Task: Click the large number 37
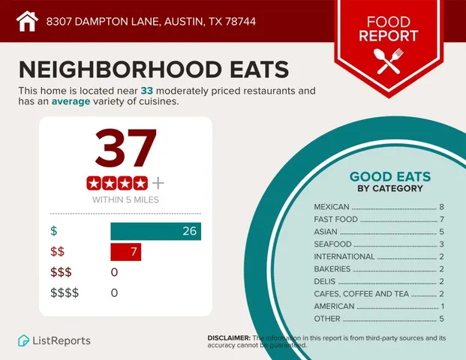click(x=125, y=149)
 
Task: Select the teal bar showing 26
click(x=155, y=232)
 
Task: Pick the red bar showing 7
click(x=125, y=252)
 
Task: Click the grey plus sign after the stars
click(x=158, y=182)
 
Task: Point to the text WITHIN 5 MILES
click(x=125, y=200)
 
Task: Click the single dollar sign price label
click(x=53, y=232)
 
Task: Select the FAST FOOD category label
click(x=335, y=220)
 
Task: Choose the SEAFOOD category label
click(x=332, y=244)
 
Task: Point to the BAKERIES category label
click(x=332, y=269)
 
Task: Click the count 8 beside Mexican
click(x=442, y=207)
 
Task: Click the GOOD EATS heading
click(x=389, y=177)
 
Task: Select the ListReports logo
click(x=54, y=340)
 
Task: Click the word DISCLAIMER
click(x=228, y=338)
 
